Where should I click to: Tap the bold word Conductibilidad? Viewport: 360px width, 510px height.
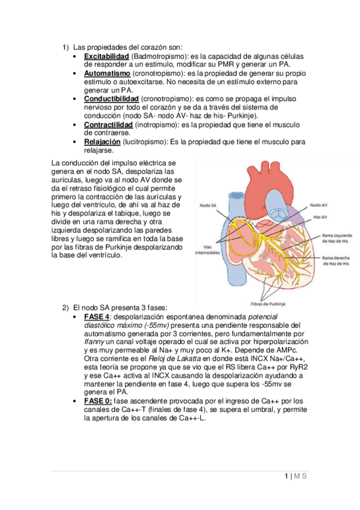click(x=111, y=99)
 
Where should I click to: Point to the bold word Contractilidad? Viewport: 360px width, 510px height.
click(x=108, y=124)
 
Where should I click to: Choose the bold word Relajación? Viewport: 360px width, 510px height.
click(x=102, y=141)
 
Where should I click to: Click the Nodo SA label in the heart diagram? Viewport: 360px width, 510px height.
click(x=208, y=205)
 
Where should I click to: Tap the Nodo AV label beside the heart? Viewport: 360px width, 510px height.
click(x=318, y=205)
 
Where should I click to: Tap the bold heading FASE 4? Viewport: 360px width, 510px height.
click(x=97, y=316)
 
